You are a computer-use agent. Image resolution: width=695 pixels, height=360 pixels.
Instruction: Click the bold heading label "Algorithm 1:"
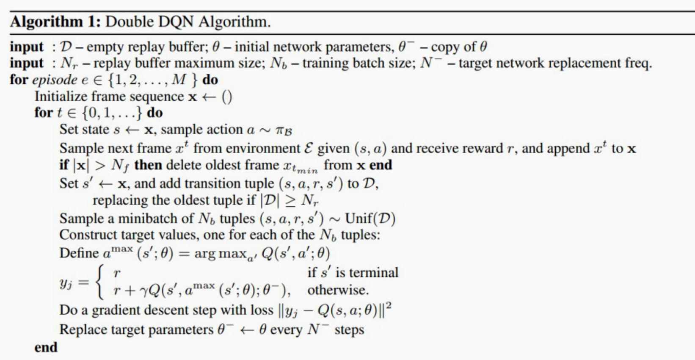coord(55,22)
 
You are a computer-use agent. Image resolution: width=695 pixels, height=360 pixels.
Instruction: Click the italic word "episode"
coord(55,80)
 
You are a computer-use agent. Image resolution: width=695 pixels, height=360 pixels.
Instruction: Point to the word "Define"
coord(79,253)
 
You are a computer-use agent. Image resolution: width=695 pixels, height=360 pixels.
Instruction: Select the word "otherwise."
coord(338,290)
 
